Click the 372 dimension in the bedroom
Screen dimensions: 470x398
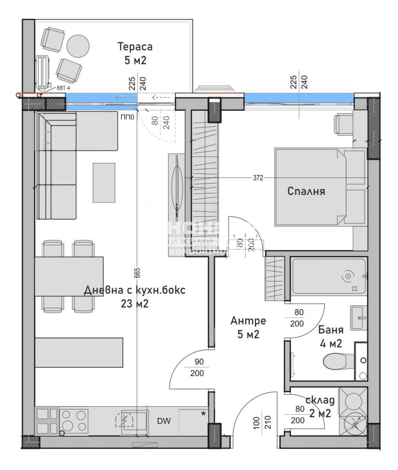(x=257, y=178)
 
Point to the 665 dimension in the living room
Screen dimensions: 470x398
(x=137, y=274)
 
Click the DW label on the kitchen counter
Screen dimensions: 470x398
(x=164, y=421)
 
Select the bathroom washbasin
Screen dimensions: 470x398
(x=358, y=318)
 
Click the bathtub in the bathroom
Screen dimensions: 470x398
(x=328, y=277)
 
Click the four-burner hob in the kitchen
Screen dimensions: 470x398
(x=74, y=420)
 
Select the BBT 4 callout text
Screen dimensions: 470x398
(x=63, y=88)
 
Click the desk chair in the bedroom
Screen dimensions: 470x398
(x=342, y=125)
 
